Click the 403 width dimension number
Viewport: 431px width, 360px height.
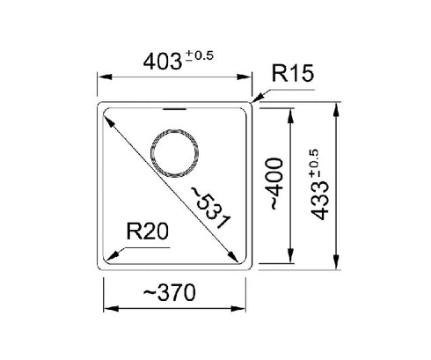point(163,62)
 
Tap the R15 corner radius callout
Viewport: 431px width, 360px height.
point(293,73)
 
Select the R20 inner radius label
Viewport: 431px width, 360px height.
point(148,231)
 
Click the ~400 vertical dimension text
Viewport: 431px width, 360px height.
point(276,184)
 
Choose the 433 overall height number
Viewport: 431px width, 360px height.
point(319,201)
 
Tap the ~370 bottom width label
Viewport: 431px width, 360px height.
point(169,292)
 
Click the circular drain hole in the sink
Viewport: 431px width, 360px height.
point(174,153)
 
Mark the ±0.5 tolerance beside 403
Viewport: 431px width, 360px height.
point(200,55)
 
